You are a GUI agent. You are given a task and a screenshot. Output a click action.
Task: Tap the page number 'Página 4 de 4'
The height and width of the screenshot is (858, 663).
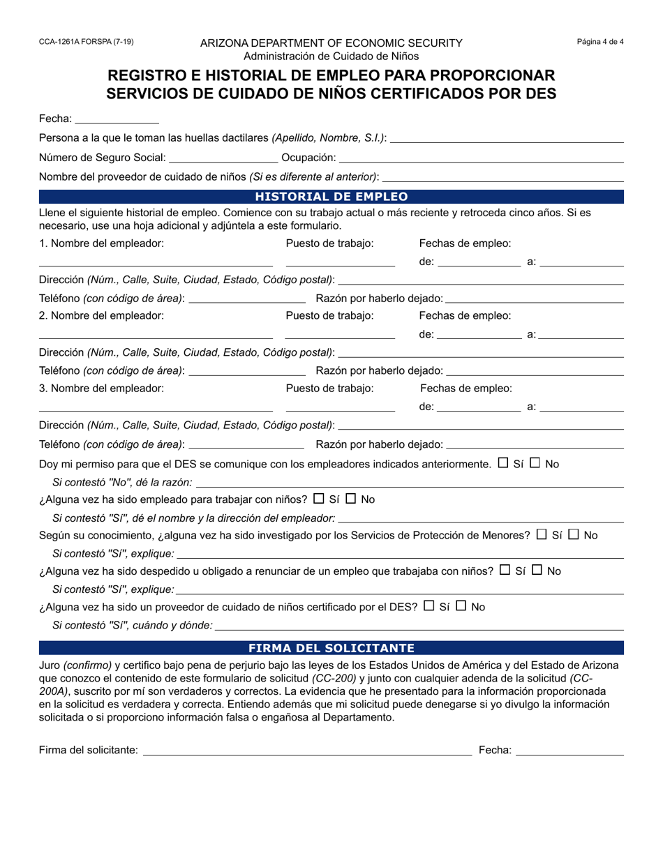tap(600, 42)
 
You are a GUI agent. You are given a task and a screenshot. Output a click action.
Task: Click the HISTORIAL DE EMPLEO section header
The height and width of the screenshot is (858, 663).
tap(331, 197)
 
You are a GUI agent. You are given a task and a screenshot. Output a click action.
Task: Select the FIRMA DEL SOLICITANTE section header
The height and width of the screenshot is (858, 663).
tap(331, 648)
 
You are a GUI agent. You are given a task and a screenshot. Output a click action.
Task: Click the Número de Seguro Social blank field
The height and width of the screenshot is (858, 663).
tap(223, 158)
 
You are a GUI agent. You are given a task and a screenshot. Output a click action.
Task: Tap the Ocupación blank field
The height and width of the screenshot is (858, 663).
tap(482, 158)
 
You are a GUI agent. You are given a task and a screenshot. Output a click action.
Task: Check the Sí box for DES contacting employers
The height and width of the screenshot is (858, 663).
tap(504, 462)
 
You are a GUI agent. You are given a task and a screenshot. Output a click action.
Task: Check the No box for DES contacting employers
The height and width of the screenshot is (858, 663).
tap(535, 462)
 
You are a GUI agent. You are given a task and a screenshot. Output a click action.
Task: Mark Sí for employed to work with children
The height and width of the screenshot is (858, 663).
tap(320, 499)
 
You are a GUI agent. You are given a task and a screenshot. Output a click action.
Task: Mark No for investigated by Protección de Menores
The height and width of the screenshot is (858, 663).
tap(574, 535)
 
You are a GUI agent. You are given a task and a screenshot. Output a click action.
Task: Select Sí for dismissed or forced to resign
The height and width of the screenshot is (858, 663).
tap(505, 570)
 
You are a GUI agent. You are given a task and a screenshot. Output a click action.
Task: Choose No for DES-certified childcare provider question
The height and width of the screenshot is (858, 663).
tap(461, 606)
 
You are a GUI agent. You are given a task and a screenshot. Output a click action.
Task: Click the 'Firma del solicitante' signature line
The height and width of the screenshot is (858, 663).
tap(307, 751)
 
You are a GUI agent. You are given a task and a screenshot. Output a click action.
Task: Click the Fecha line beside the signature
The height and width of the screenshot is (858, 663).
tap(569, 751)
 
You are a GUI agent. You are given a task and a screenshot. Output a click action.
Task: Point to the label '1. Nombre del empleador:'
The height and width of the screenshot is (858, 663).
tap(102, 243)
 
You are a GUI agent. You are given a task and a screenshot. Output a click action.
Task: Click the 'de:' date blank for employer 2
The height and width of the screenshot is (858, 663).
tap(479, 335)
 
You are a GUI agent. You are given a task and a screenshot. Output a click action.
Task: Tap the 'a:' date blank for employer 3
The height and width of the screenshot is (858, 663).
tap(582, 407)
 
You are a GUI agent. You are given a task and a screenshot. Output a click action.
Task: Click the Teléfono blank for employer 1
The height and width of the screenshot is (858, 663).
tap(247, 299)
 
